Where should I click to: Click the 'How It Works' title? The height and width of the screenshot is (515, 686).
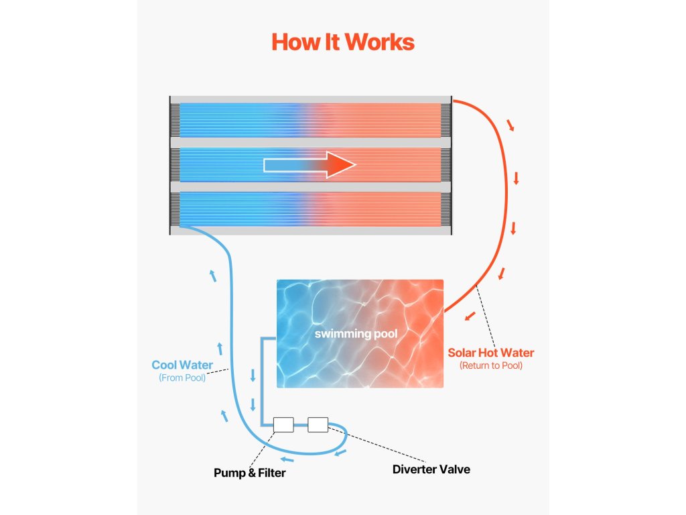[342, 42]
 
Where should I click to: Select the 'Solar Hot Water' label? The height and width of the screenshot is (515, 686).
[490, 353]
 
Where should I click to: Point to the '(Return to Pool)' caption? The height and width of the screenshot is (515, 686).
[490, 366]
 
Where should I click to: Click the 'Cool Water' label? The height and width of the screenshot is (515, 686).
[182, 365]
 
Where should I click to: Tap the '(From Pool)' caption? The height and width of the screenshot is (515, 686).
[182, 378]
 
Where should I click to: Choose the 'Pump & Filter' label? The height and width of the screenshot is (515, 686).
[249, 473]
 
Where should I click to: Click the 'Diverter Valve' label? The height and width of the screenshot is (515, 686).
[431, 469]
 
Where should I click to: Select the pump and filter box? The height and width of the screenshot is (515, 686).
[283, 424]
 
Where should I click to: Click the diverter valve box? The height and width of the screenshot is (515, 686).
[318, 424]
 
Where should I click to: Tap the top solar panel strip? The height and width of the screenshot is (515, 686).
[310, 119]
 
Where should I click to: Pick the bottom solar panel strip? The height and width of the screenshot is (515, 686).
[310, 209]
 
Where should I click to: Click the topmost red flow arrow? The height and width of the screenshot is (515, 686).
[511, 125]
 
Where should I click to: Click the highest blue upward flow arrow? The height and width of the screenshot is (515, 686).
[213, 275]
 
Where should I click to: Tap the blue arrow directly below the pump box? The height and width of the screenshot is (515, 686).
[287, 459]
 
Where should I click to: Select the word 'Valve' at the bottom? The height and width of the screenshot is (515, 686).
[454, 469]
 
